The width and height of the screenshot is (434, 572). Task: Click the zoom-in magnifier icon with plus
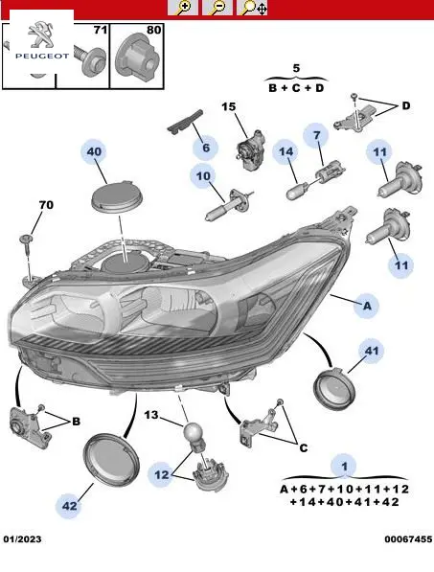coord(183,8)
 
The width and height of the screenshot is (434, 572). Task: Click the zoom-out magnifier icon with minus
coord(217,8)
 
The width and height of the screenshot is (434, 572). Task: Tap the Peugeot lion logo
coord(41,34)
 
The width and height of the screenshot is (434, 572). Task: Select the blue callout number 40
coord(94,151)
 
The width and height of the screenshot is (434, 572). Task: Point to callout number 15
coord(229,106)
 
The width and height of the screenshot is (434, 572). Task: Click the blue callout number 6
coord(206,148)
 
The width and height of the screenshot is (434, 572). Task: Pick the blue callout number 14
coord(286,151)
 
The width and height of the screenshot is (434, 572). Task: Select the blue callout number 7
coord(316,135)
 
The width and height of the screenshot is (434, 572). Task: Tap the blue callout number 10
coord(203,176)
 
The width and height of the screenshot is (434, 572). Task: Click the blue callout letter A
coord(367,306)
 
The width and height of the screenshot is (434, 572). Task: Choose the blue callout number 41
coord(372,351)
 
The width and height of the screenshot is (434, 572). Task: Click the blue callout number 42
coord(69,506)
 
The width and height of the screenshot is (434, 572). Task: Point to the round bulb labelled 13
coord(193,431)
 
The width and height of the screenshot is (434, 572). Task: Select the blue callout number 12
coord(162,474)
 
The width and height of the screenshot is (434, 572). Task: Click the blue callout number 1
coord(344,467)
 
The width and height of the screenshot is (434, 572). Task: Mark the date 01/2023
coord(23,539)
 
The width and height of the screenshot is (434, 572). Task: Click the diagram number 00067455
coord(408,539)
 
